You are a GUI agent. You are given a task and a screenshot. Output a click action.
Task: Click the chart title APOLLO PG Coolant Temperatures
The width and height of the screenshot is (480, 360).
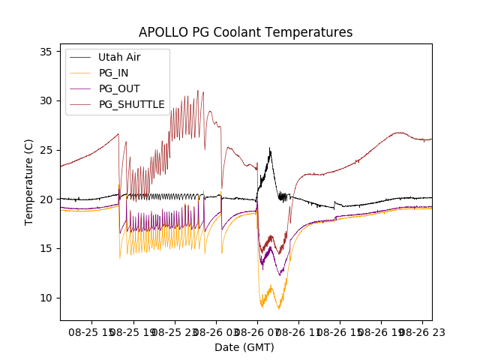pyautogui.click(x=245, y=32)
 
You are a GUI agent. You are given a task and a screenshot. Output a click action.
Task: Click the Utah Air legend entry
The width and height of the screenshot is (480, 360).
pyautogui.click(x=119, y=57)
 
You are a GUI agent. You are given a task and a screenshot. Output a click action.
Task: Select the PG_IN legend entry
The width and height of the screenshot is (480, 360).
pyautogui.click(x=113, y=73)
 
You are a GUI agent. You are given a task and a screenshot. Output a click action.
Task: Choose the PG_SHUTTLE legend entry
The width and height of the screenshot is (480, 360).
pyautogui.click(x=132, y=104)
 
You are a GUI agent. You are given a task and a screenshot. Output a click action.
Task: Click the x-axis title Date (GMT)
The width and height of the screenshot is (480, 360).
pyautogui.click(x=244, y=347)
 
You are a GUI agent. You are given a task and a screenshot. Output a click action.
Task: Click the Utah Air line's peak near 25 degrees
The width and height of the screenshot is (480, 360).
pyautogui.click(x=270, y=148)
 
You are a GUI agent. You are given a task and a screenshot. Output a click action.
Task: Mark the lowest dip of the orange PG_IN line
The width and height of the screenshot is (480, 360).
pyautogui.click(x=279, y=308)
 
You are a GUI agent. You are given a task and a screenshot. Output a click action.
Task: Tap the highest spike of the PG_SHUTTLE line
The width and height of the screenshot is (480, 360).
pyautogui.click(x=198, y=91)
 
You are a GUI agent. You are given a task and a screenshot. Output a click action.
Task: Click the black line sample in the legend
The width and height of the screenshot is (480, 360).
pyautogui.click(x=81, y=57)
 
